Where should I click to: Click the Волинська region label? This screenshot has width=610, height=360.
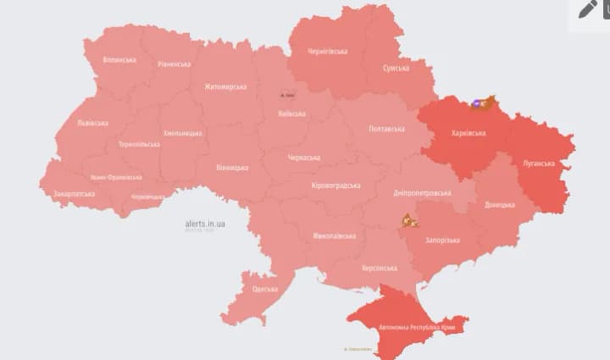coord(119,60)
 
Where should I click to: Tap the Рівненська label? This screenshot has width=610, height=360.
coord(174,64)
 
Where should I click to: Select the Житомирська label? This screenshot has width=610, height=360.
coord(225,86)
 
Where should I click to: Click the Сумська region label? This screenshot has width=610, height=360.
coord(396,68)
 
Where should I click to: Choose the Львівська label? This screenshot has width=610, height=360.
coord(92,123)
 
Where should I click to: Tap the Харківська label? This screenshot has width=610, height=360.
coord(469,133)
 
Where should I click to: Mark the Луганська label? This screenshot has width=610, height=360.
coord(539,163)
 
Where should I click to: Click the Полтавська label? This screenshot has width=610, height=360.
coord(386,129)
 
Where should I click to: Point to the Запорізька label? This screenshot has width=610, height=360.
coord(441,240)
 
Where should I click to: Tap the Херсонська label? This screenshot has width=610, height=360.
coord(379,268)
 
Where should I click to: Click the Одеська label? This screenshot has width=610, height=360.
coord(264,289)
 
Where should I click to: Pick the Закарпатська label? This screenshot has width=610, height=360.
coord(74,193)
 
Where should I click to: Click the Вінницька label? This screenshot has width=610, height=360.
coord(230,168)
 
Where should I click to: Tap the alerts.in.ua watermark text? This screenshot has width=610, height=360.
coord(205,224)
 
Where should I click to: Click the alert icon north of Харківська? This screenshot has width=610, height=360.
coord(481,103)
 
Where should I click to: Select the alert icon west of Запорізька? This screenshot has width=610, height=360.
coord(410,221)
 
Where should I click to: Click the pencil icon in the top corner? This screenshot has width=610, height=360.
coord(588,9)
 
